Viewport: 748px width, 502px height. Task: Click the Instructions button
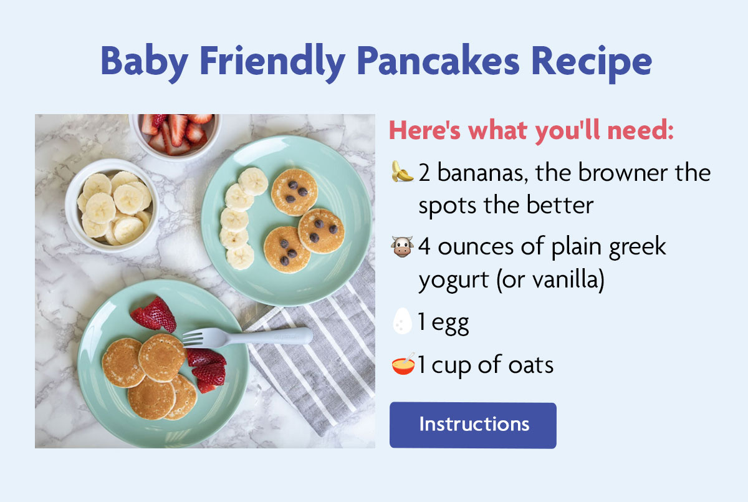(x=472, y=425)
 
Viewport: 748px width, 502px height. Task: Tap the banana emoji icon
(x=402, y=171)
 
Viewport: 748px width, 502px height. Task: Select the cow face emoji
(x=402, y=247)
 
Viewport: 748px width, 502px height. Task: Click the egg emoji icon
(x=402, y=323)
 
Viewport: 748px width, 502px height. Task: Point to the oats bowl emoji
(x=403, y=364)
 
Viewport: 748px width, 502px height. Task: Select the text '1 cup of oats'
(x=486, y=365)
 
